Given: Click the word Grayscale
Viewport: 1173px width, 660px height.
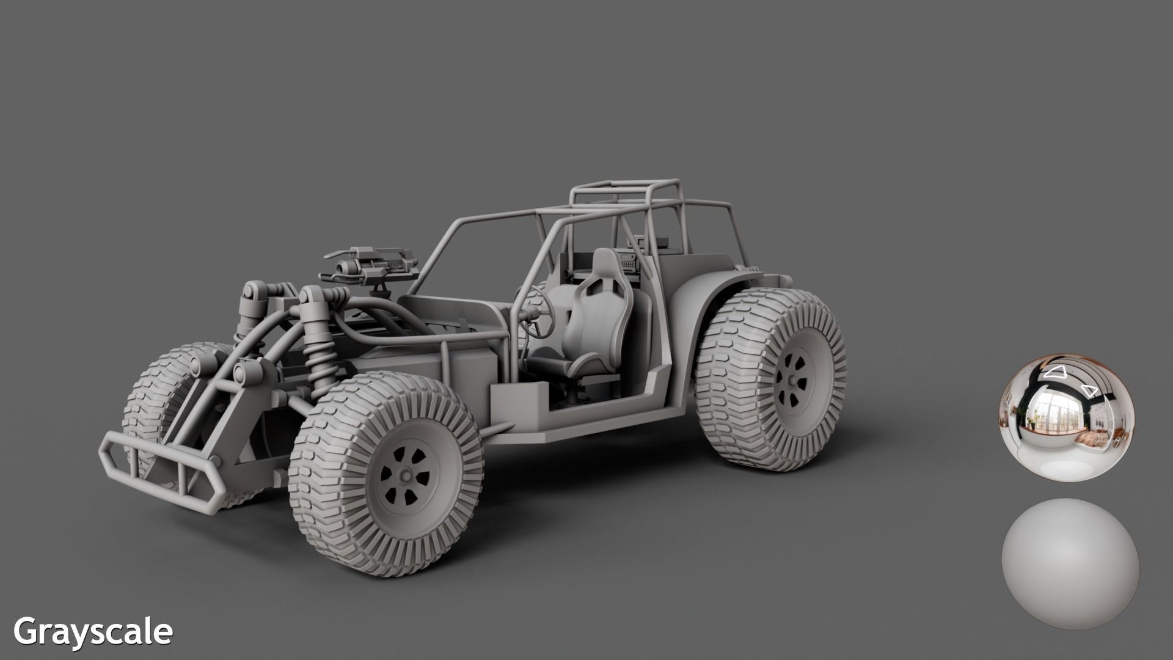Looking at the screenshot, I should [93, 631].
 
